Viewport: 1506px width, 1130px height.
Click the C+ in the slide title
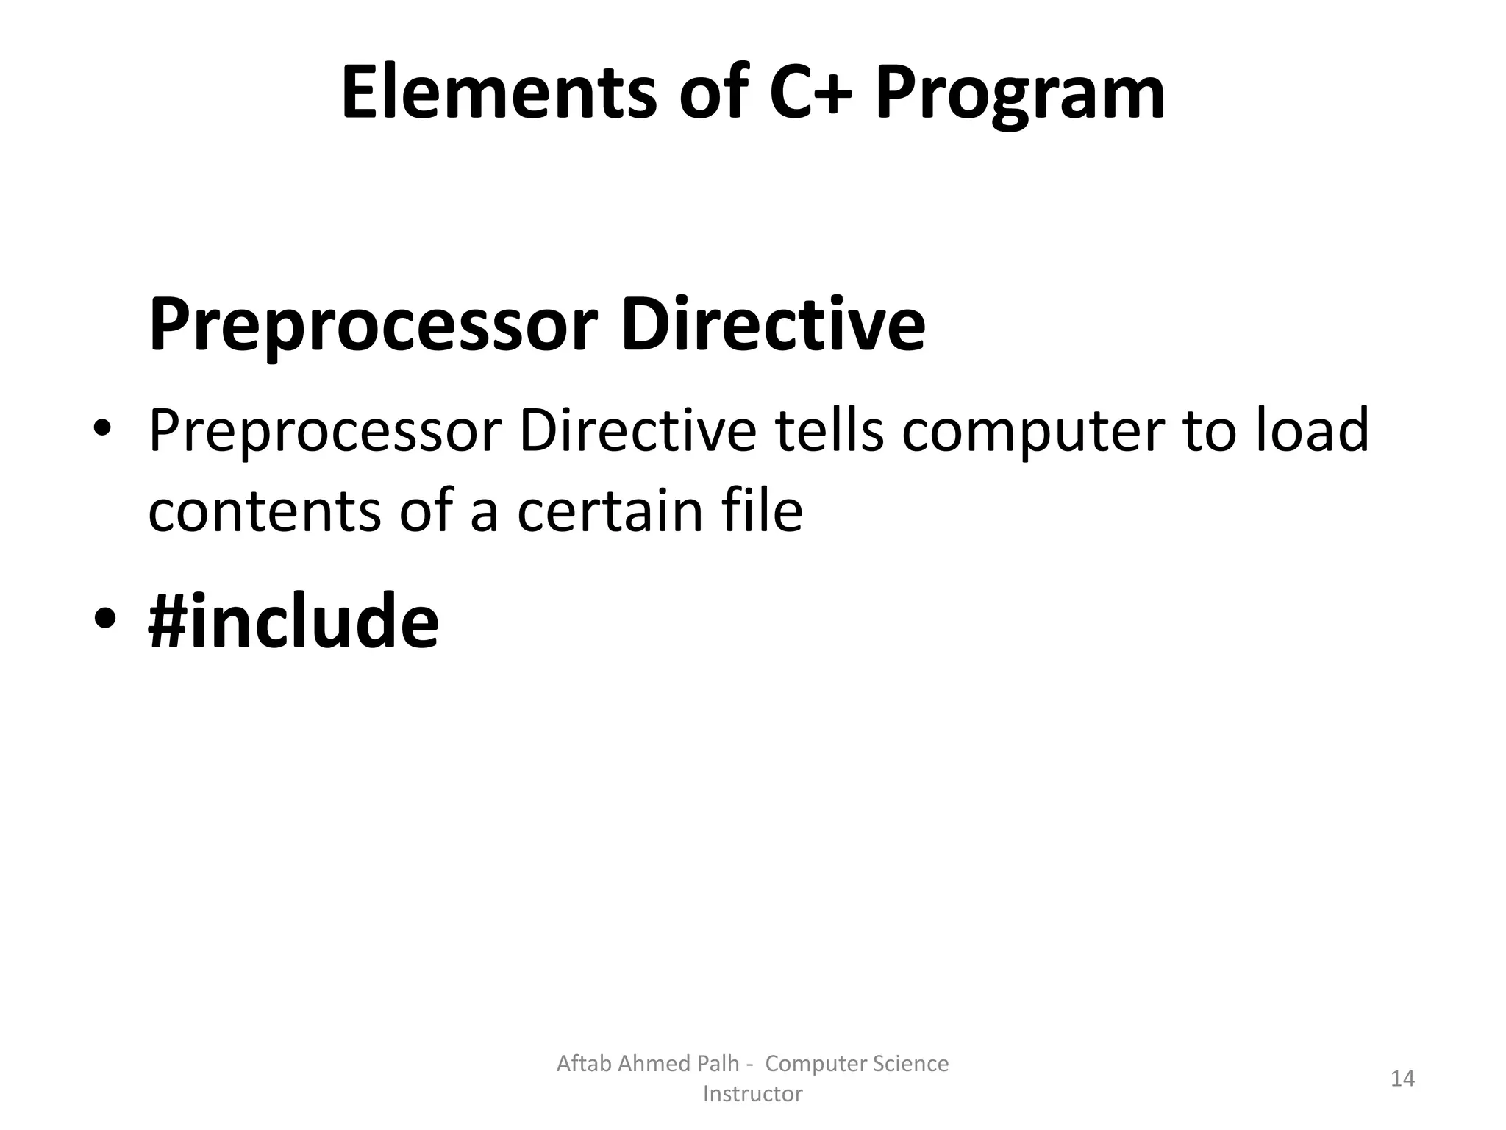[x=810, y=93]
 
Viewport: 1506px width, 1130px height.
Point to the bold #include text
[x=293, y=622]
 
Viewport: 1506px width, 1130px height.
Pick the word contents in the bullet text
[x=264, y=512]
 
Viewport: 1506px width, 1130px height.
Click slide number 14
[x=1402, y=1079]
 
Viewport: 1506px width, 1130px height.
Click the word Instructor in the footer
[x=752, y=1094]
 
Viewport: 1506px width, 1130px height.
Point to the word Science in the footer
[x=908, y=1064]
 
